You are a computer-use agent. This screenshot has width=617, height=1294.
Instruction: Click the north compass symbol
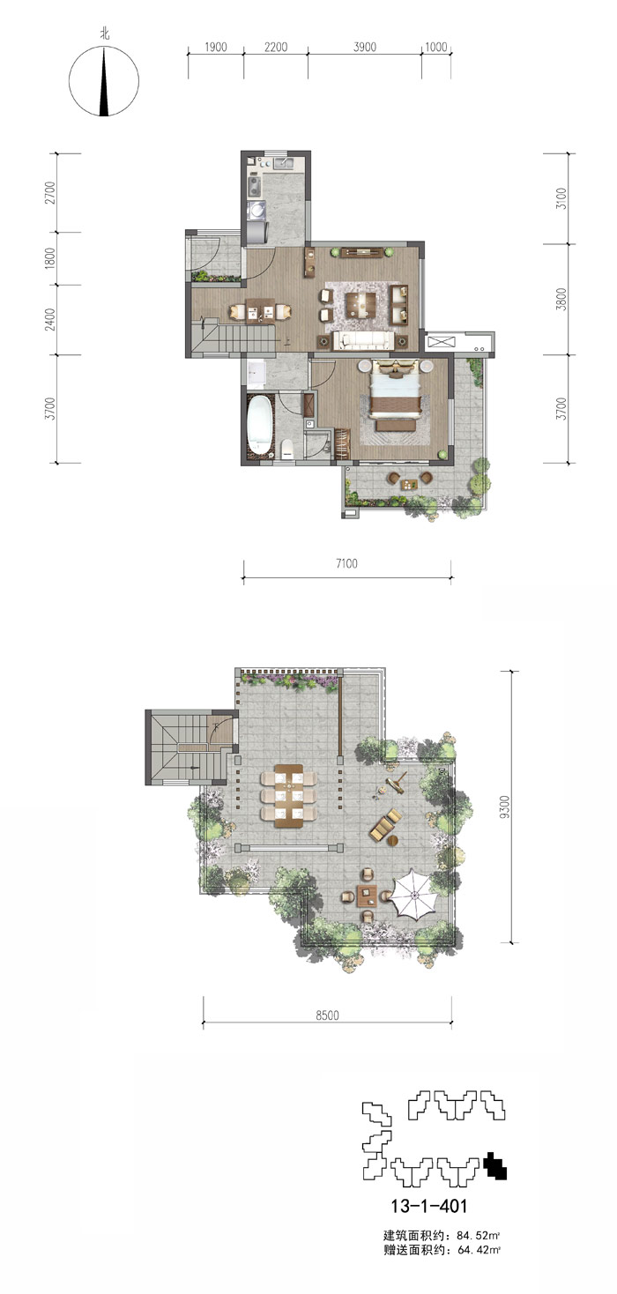pyautogui.click(x=104, y=81)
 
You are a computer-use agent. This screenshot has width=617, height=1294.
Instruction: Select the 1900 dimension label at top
pyautogui.click(x=215, y=47)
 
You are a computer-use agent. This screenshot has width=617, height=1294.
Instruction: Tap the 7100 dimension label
pyautogui.click(x=346, y=563)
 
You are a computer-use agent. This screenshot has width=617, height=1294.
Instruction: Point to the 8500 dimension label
pyautogui.click(x=327, y=1015)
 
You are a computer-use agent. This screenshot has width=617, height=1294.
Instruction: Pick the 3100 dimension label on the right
pyautogui.click(x=561, y=198)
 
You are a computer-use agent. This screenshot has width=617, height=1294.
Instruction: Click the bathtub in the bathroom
pyautogui.click(x=259, y=423)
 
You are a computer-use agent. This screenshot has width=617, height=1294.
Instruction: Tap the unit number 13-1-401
pyautogui.click(x=428, y=1206)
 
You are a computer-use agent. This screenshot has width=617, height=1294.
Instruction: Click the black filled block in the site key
pyautogui.click(x=495, y=1166)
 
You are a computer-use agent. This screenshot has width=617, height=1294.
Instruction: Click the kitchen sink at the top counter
pyautogui.click(x=284, y=162)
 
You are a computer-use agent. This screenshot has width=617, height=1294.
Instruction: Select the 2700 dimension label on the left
pyautogui.click(x=50, y=192)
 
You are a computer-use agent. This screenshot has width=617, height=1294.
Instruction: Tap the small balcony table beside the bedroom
pyautogui.click(x=409, y=484)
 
